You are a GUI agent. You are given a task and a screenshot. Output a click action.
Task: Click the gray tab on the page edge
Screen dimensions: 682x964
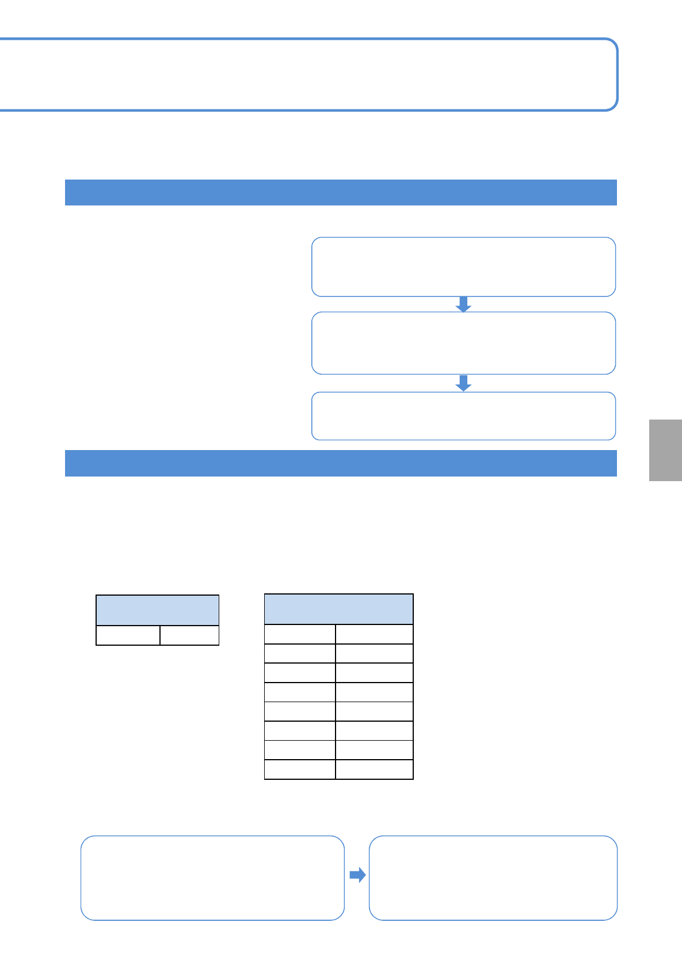pyautogui.click(x=665, y=450)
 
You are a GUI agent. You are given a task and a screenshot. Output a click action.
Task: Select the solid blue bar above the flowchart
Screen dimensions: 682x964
pyautogui.click(x=341, y=193)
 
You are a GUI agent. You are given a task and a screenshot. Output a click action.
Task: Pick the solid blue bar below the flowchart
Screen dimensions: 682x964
pyautogui.click(x=341, y=463)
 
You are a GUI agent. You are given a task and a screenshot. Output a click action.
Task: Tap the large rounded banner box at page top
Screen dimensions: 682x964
pyautogui.click(x=308, y=75)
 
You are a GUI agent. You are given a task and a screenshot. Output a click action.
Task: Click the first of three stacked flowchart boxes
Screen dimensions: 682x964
pyautogui.click(x=463, y=267)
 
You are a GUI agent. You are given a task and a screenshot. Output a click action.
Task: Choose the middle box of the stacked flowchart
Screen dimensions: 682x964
pyautogui.click(x=463, y=343)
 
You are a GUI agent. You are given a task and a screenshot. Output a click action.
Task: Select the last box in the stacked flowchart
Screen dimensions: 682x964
pyautogui.click(x=463, y=416)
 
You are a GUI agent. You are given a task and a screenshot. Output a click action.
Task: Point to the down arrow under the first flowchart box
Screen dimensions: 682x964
pyautogui.click(x=463, y=304)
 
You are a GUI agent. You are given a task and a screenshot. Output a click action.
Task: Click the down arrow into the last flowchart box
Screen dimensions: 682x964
pyautogui.click(x=463, y=383)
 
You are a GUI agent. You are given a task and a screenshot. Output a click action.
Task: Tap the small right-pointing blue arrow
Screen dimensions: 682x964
pyautogui.click(x=357, y=875)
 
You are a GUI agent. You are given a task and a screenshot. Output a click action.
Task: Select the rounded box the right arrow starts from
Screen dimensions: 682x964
pyautogui.click(x=212, y=878)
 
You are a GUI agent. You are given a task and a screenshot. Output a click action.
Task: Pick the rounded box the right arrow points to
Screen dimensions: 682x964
pyautogui.click(x=493, y=878)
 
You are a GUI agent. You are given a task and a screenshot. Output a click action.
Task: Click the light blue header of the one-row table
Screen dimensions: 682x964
pyautogui.click(x=157, y=611)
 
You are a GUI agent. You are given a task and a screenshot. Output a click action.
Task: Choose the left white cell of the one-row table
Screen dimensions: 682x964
pyautogui.click(x=128, y=635)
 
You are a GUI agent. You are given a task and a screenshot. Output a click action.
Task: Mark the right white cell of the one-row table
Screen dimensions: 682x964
pyautogui.click(x=189, y=635)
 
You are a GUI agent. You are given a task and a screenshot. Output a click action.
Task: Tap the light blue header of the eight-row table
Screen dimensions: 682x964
pyautogui.click(x=338, y=609)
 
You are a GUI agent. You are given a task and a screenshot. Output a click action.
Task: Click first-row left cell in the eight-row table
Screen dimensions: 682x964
pyautogui.click(x=300, y=634)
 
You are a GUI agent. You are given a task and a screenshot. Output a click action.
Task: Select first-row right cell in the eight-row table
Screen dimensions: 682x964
pyautogui.click(x=374, y=634)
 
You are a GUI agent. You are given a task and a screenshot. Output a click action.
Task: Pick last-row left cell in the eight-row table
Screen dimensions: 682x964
pyautogui.click(x=300, y=769)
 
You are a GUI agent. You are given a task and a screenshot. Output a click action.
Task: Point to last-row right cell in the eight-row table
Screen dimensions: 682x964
pyautogui.click(x=374, y=769)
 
